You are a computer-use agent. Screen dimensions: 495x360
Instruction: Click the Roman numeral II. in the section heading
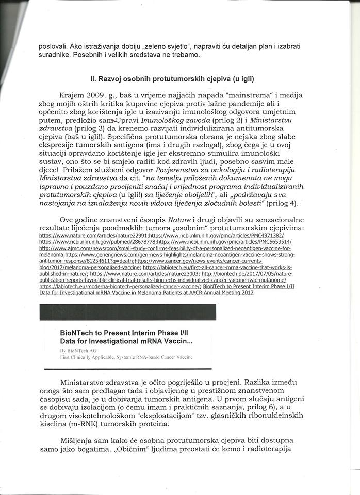[93, 79]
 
